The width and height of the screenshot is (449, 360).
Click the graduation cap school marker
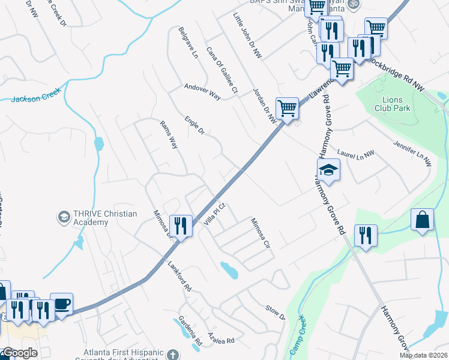tap(328, 171)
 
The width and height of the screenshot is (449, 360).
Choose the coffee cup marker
tap(61, 304)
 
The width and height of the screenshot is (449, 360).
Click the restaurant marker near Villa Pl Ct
tap(180, 226)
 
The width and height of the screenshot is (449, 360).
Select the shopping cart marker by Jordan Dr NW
tap(288, 109)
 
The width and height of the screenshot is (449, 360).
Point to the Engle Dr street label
tap(194, 125)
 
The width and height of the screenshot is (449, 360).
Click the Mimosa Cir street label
tap(261, 233)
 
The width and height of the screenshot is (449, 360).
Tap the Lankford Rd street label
tap(179, 275)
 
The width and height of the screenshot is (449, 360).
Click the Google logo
tap(19, 353)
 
